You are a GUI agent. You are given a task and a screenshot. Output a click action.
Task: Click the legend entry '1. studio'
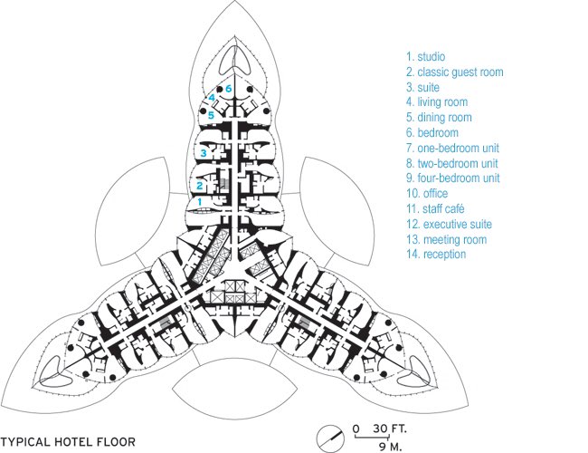coord(426,57)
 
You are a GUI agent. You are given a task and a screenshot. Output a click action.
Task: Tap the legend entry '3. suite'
coord(422,88)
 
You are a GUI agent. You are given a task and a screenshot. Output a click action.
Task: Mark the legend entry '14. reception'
coord(436,255)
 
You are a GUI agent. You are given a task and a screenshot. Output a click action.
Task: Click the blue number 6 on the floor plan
coord(229,89)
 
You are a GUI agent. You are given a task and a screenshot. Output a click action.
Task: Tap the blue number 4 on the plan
coord(212,98)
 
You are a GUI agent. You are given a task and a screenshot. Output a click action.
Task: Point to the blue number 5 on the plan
coord(211,115)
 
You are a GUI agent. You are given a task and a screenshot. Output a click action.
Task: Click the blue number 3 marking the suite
coord(204,153)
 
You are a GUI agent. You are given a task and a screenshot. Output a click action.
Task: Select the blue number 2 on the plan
coord(200,186)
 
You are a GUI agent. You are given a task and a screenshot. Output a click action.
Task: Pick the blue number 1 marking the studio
coord(200,202)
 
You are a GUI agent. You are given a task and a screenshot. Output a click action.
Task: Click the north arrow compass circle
coord(330,439)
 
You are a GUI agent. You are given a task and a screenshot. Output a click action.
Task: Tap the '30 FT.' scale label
coord(390,429)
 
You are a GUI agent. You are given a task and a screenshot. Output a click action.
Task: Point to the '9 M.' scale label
coord(390,448)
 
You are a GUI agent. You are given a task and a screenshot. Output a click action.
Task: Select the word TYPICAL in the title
coord(25,442)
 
